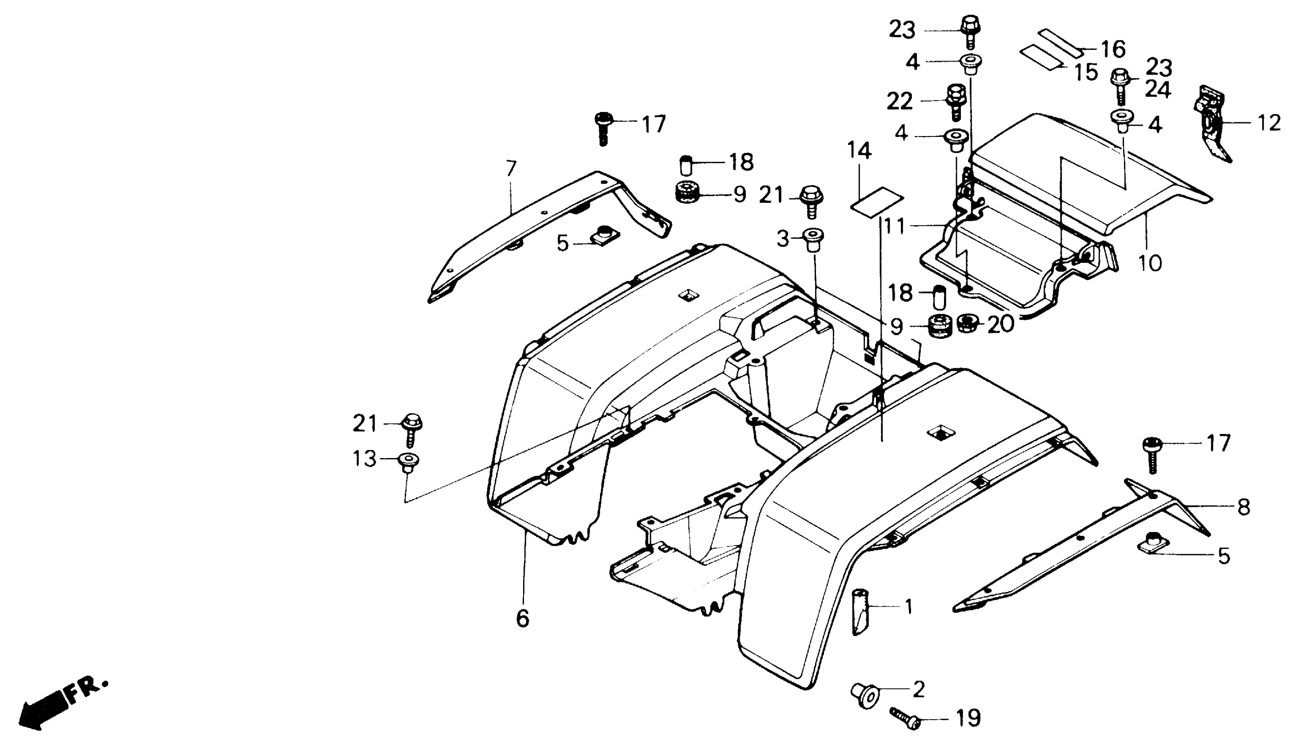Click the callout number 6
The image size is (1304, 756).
[x=523, y=618]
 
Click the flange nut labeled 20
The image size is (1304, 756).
[x=967, y=324]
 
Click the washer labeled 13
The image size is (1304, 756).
[x=408, y=460]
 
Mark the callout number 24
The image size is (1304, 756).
[x=1158, y=91]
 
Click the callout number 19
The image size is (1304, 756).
[x=968, y=718]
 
